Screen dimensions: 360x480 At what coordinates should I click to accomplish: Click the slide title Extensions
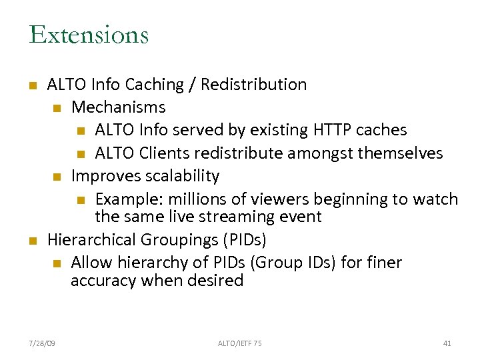[89, 35]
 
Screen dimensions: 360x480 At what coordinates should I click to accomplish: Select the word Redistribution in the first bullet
[253, 85]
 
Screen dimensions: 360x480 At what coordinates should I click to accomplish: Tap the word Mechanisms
[119, 107]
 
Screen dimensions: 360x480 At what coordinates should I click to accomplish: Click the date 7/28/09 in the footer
[43, 343]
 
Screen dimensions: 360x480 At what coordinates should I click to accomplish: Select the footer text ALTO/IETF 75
[240, 343]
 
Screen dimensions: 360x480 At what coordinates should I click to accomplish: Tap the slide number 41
[447, 343]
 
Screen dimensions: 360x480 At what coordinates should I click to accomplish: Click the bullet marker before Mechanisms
[57, 108]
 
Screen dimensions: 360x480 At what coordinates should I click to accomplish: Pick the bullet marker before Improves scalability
[57, 177]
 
